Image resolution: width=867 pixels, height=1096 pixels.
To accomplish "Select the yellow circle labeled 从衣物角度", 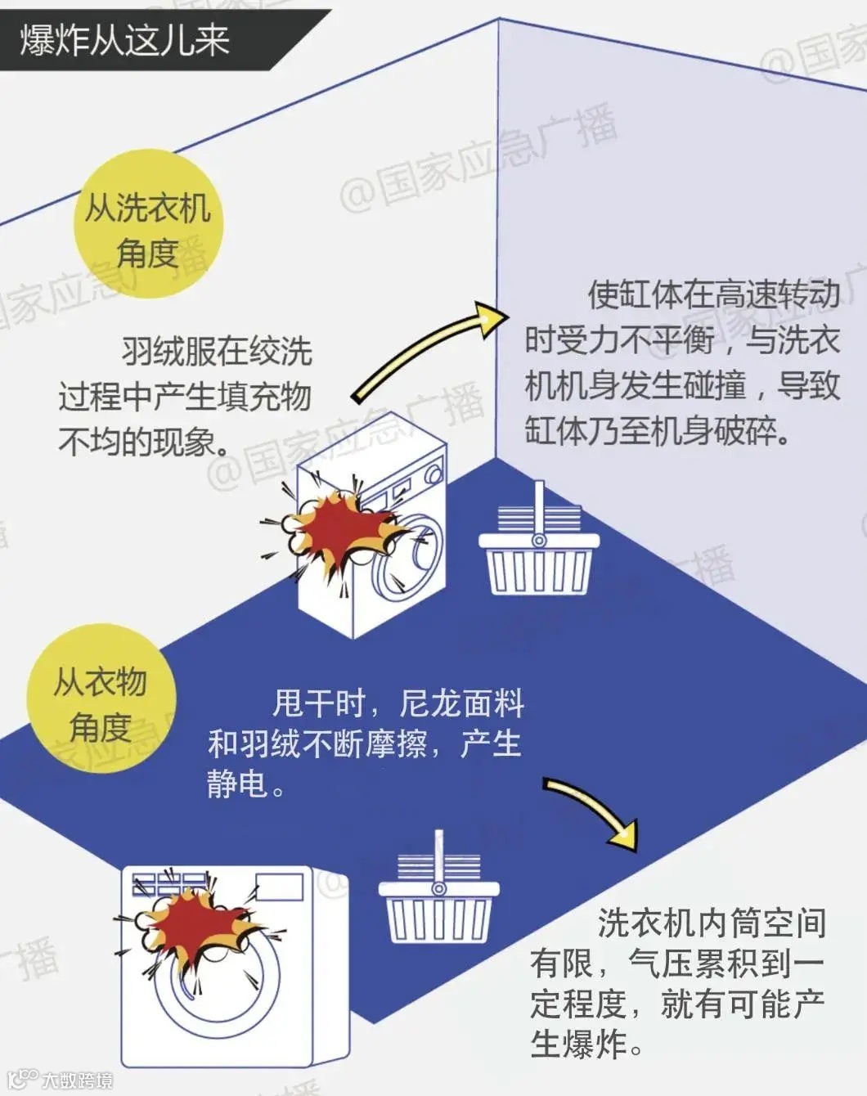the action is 101,699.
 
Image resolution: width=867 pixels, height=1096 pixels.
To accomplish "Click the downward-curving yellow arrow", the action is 593,810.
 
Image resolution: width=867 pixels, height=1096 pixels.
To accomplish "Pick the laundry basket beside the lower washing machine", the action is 438,908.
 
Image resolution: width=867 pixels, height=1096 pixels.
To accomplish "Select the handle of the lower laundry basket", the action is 439,859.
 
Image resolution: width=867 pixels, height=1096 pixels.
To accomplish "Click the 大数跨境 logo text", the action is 78,1080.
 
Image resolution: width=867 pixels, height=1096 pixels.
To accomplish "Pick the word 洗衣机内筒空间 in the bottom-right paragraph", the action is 712,923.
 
